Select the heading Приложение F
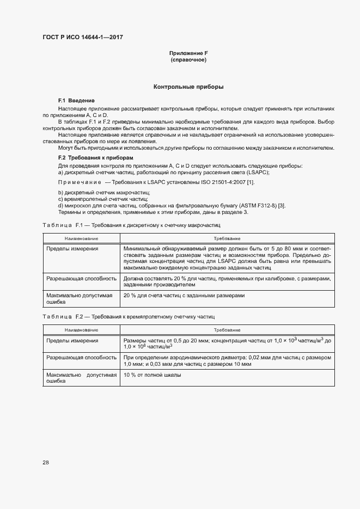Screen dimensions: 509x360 point(188,53)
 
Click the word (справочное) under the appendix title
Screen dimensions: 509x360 point(188,60)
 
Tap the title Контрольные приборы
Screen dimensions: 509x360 point(188,87)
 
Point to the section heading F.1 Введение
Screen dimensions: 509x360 point(76,101)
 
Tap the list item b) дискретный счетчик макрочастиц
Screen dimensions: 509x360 point(103,193)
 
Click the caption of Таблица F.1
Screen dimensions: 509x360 point(131,225)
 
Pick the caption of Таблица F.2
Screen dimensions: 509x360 point(128,316)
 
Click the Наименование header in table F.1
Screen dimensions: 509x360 point(81,238)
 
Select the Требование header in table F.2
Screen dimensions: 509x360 point(228,330)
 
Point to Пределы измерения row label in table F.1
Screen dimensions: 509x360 point(72,249)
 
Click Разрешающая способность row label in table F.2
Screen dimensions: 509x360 point(82,358)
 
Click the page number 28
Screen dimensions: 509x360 point(46,463)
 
